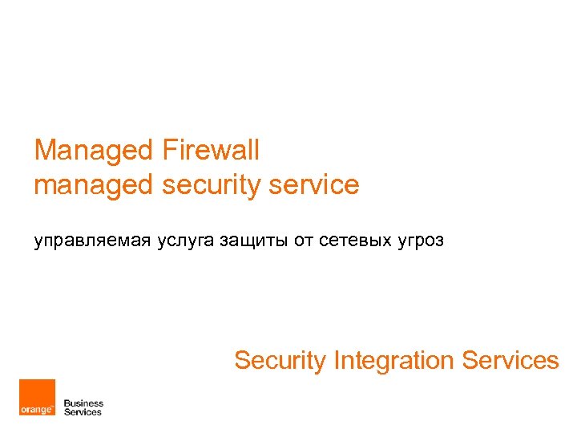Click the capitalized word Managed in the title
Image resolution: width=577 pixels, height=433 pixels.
[94, 150]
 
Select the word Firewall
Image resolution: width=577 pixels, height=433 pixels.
[211, 150]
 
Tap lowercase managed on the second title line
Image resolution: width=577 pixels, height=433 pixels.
[93, 185]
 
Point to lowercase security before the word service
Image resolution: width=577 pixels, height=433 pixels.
[211, 185]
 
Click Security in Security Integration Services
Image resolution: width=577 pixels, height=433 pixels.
[280, 361]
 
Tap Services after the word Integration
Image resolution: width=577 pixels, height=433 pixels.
[510, 361]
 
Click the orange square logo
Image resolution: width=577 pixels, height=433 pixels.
[38, 398]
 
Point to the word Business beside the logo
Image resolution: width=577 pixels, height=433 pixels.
[83, 403]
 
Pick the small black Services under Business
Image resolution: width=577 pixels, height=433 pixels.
[83, 412]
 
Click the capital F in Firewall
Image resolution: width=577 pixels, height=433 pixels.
[167, 150]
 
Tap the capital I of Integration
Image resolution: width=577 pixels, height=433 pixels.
[337, 361]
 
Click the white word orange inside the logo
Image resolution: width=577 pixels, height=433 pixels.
[36, 409]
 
